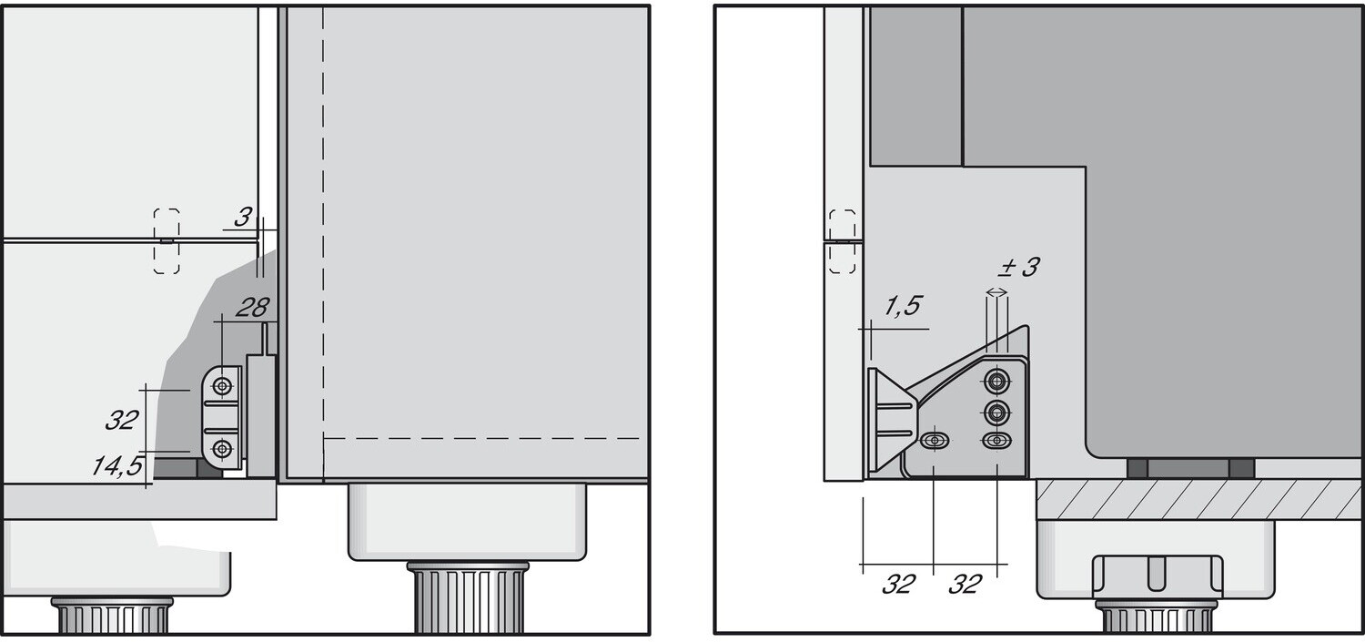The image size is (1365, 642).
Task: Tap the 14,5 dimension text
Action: [x=117, y=466]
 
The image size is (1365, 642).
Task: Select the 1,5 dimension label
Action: [x=902, y=307]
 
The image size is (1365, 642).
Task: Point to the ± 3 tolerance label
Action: [x=1018, y=268]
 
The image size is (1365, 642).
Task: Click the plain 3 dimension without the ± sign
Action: [x=241, y=218]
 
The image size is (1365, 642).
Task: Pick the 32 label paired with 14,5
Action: [x=121, y=420]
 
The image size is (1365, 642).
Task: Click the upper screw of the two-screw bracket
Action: [x=221, y=386]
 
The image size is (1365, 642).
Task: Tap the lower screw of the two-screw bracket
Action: [x=221, y=448]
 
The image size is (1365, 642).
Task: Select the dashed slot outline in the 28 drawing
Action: [x=167, y=241]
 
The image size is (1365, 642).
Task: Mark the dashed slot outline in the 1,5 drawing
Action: [x=843, y=241]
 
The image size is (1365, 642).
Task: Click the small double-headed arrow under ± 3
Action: [x=997, y=292]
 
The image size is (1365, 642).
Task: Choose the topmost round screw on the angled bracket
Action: [x=997, y=382]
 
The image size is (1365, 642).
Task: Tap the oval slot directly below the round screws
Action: [x=997, y=442]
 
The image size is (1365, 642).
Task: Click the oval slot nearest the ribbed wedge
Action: [x=934, y=442]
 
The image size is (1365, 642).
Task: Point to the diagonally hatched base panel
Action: [x=1198, y=499]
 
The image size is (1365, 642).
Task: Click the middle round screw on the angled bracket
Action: [x=997, y=413]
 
